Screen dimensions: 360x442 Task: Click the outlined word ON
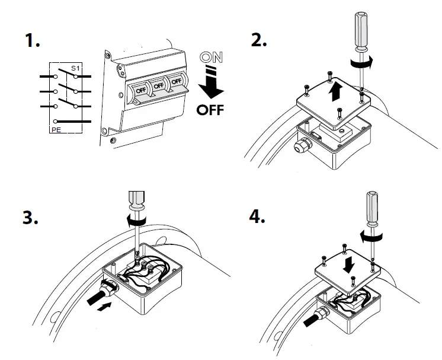[212, 59]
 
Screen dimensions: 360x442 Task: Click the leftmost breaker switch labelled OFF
[140, 91]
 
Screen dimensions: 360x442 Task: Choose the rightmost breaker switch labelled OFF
[176, 81]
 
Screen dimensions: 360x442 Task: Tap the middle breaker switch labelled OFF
[158, 86]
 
